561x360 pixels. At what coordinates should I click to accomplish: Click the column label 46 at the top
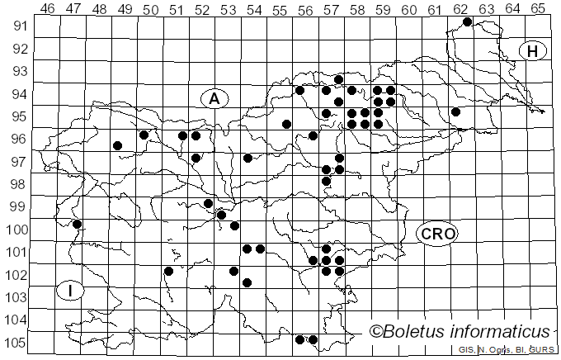click(x=47, y=8)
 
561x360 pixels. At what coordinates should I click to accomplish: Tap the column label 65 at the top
click(x=537, y=8)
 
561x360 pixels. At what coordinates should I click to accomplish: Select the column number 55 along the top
click(x=280, y=8)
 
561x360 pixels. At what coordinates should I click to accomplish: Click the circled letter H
click(x=533, y=51)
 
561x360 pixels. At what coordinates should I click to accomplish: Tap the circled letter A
click(x=214, y=99)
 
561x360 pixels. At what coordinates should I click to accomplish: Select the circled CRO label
click(x=438, y=234)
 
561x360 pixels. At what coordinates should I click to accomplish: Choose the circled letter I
click(x=71, y=291)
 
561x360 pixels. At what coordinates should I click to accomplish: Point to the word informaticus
click(x=502, y=332)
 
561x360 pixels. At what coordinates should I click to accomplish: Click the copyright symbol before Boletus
click(x=375, y=332)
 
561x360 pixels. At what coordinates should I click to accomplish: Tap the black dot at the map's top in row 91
click(x=467, y=21)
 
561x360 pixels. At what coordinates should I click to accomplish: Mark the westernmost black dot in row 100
click(x=77, y=224)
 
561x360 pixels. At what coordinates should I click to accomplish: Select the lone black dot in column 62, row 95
click(x=455, y=111)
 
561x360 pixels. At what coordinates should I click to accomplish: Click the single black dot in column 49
click(x=117, y=145)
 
